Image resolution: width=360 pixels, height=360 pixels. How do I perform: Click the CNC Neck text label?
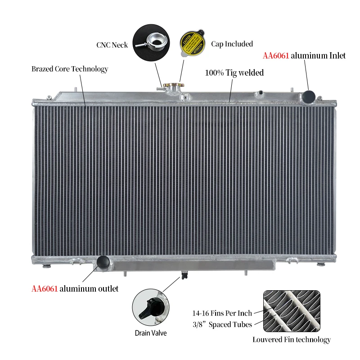coord(112,45)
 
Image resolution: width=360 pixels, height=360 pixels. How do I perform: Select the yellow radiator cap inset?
coord(193,44)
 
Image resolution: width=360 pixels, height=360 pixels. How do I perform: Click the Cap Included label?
coord(232,44)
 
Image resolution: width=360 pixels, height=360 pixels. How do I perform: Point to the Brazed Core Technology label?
coord(70,69)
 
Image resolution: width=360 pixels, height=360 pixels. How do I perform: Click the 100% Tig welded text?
coord(234,72)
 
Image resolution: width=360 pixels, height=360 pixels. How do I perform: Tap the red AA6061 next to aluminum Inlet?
coord(275,56)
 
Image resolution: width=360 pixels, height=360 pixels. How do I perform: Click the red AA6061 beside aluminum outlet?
coord(45,288)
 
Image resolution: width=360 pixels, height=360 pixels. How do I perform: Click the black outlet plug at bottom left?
coord(103,261)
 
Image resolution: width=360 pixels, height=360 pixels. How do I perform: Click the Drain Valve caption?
coord(151,333)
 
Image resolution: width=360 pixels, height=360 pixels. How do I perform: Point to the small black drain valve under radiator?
coord(184,275)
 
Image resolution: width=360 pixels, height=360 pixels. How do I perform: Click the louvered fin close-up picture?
coord(291,311)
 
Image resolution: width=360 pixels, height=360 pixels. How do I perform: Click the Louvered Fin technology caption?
coord(291,339)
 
